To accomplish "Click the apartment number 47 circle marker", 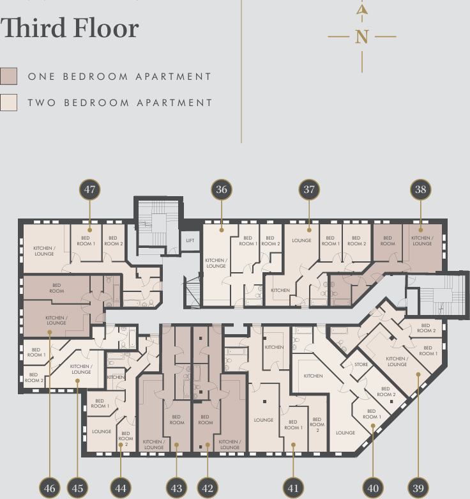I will pyautogui.click(x=90, y=190).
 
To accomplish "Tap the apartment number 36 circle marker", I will pyautogui.click(x=221, y=190).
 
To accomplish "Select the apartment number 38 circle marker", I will pyautogui.click(x=420, y=190).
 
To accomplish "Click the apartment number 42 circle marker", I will pyautogui.click(x=207, y=488).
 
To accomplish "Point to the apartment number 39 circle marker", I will pyautogui.click(x=418, y=488).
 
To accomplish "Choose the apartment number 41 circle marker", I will pyautogui.click(x=292, y=488).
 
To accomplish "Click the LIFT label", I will pyautogui.click(x=190, y=241).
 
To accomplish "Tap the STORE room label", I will pyautogui.click(x=361, y=365).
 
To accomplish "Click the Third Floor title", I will pyautogui.click(x=70, y=29).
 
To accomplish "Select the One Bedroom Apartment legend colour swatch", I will pyautogui.click(x=9, y=77).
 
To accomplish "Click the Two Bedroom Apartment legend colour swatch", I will pyautogui.click(x=9, y=103).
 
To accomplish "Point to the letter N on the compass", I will pyautogui.click(x=362, y=37).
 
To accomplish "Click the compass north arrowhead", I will pyautogui.click(x=362, y=10).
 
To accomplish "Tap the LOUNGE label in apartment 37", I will pyautogui.click(x=301, y=241).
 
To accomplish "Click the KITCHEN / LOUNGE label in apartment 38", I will pyautogui.click(x=421, y=241).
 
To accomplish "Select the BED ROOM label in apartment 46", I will pyautogui.click(x=57, y=288).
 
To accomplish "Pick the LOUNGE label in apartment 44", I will pyautogui.click(x=102, y=431).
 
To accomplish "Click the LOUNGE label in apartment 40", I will pyautogui.click(x=345, y=433).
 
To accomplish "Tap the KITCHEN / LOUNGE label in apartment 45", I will pyautogui.click(x=81, y=369).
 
